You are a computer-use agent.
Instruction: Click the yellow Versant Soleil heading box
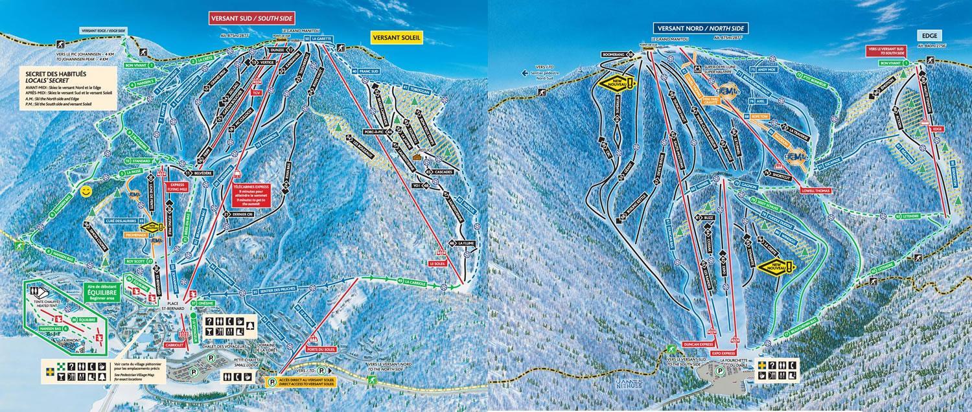point(397,38)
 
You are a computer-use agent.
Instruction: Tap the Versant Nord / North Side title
point(700,29)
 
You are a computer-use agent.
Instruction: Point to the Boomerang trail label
point(617,54)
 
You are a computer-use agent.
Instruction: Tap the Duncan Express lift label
point(698,345)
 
